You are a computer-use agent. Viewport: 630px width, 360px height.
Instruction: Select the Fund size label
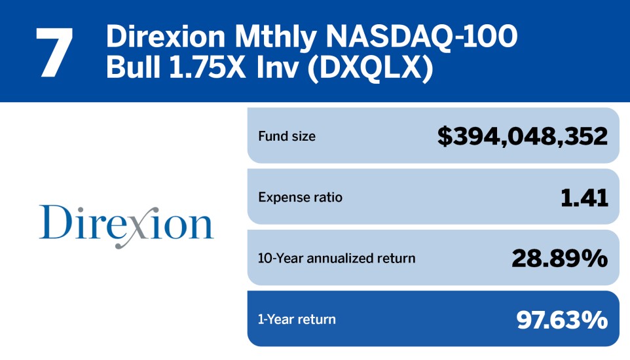click(x=287, y=137)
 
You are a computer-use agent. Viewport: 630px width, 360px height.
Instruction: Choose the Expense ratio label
click(x=300, y=197)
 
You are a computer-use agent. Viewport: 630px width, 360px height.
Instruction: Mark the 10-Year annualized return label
click(x=337, y=258)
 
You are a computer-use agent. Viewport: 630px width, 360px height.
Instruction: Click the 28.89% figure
click(x=559, y=259)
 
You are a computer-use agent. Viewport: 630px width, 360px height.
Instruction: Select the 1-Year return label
click(x=297, y=319)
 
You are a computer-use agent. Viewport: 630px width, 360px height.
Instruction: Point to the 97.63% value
click(x=562, y=319)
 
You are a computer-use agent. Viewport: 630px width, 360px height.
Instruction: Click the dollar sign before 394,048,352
click(x=445, y=137)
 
